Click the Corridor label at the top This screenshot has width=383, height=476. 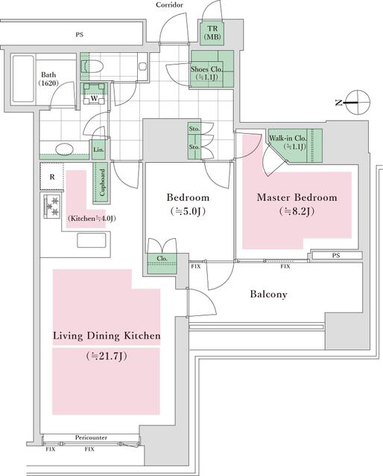point(169,5)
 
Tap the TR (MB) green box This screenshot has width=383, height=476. point(212,33)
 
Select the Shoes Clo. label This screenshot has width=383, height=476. point(206,69)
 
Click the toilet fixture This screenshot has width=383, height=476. point(93,66)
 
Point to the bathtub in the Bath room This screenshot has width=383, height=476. point(23,79)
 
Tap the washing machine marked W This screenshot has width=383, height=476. point(94,94)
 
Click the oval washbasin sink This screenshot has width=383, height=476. point(64,149)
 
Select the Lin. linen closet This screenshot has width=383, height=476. point(98,149)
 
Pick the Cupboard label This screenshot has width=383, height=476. point(102,182)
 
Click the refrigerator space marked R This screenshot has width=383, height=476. point(51,177)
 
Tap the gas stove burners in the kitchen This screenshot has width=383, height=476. point(52,207)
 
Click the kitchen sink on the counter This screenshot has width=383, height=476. point(91,240)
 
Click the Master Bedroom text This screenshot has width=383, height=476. point(297,198)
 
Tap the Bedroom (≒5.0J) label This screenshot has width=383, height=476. point(188,204)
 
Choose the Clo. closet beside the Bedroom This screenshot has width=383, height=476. point(162,263)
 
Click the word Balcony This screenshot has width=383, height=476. point(268,295)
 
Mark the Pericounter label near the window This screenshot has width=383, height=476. point(91,437)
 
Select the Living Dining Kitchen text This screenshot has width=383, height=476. point(107,335)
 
